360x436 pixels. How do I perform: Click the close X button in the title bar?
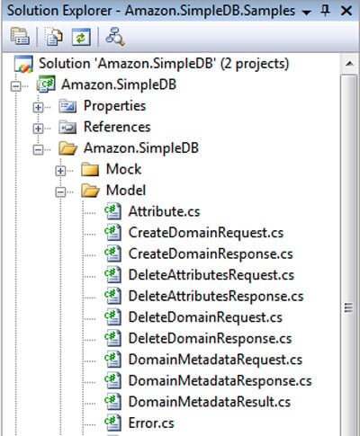click(x=346, y=11)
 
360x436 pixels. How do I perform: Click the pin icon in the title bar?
click(x=325, y=11)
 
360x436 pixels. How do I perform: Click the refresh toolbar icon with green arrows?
click(x=81, y=37)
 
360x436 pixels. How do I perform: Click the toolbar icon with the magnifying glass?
click(x=114, y=37)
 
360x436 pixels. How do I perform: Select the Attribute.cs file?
click(x=164, y=211)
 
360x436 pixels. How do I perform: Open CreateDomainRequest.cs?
click(x=206, y=233)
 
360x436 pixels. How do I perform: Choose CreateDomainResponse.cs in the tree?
click(x=211, y=254)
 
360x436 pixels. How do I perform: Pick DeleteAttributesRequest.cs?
click(x=211, y=275)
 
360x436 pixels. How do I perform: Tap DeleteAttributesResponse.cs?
click(x=216, y=296)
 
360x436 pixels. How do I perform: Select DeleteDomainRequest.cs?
click(x=205, y=317)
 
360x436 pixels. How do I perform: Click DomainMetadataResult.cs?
click(x=210, y=402)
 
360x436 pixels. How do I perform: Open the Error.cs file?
click(x=151, y=423)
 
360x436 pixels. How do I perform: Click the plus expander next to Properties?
click(x=38, y=107)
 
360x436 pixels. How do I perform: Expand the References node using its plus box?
click(x=38, y=129)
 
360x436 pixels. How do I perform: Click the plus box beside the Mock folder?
click(x=60, y=171)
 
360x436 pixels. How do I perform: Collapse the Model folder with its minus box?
click(x=60, y=191)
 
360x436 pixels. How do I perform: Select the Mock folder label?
click(x=123, y=169)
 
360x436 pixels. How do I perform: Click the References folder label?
click(x=117, y=127)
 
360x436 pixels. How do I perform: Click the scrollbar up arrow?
click(x=349, y=64)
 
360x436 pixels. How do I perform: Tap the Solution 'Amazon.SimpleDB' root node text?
click(x=164, y=64)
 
